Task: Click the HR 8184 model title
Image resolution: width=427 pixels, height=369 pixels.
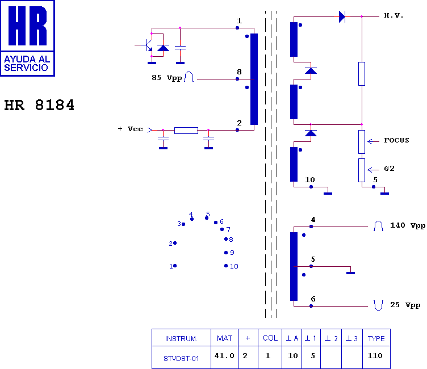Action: point(39,105)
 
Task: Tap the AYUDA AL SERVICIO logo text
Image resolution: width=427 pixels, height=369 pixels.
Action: point(27,63)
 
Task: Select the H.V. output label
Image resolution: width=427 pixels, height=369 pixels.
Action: point(393,15)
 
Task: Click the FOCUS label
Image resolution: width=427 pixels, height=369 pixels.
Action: point(396,140)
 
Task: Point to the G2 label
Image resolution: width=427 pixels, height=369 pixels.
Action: point(389,169)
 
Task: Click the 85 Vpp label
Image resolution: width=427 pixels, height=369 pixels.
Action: point(167,78)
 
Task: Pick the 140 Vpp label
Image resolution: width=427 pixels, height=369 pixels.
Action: point(408,225)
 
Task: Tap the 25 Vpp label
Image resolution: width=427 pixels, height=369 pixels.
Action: point(405,305)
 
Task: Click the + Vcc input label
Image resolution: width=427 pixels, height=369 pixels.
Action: point(130,129)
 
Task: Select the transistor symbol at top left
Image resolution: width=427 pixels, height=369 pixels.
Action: point(147,45)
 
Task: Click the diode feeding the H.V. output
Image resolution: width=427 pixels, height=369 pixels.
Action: point(342,16)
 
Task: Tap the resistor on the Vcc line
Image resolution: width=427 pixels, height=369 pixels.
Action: point(186,131)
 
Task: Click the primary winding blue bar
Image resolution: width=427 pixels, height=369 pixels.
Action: point(254,79)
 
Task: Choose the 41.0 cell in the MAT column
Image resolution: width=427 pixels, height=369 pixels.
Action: point(224,355)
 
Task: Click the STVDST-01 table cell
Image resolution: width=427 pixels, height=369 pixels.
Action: point(181,359)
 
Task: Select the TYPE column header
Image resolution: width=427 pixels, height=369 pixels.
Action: point(376,338)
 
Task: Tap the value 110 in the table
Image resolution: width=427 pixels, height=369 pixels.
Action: point(375,355)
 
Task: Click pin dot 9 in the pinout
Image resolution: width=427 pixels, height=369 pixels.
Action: point(226,253)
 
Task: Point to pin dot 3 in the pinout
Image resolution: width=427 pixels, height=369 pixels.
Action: point(183,224)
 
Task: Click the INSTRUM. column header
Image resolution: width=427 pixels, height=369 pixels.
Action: point(181,339)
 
